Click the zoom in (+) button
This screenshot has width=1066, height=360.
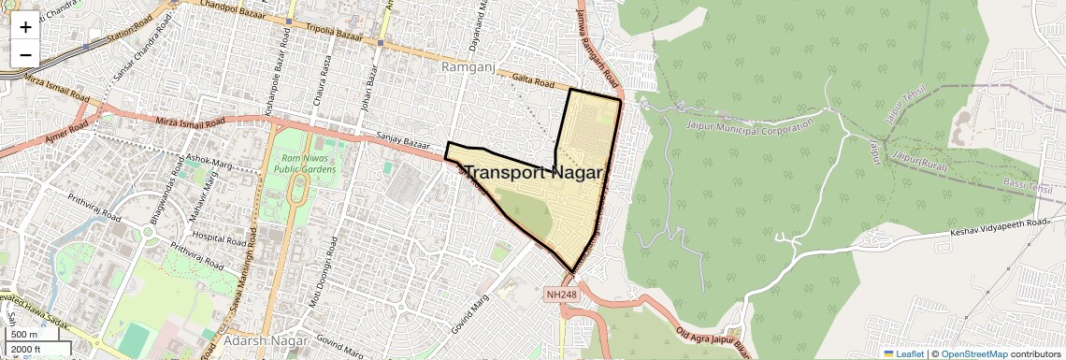tap(25, 26)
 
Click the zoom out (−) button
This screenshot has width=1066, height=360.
tap(25, 54)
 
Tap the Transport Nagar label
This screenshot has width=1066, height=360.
tap(534, 172)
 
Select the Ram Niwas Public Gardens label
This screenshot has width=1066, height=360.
tap(298, 165)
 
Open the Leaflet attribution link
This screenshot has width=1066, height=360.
tap(904, 354)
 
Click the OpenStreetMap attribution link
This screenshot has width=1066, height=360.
tap(974, 354)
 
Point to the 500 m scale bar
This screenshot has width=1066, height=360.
tap(25, 334)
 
